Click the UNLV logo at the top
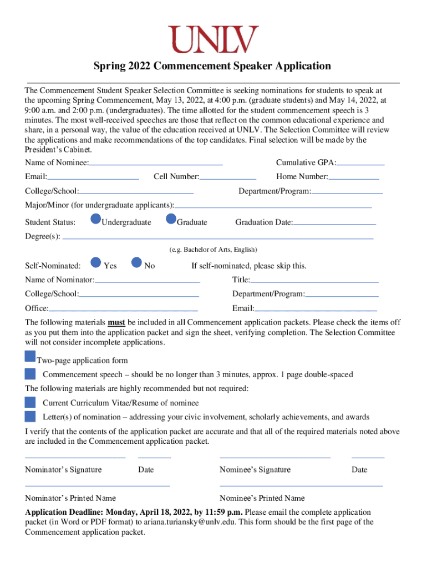[214, 40]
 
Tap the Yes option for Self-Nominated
[96, 262]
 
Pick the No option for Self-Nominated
[137, 262]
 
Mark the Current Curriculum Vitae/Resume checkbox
[30, 402]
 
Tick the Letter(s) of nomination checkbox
[30, 416]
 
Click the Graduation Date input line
[334, 223]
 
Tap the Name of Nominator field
[147, 281]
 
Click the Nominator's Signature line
[75, 457]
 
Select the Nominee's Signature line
[275, 457]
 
